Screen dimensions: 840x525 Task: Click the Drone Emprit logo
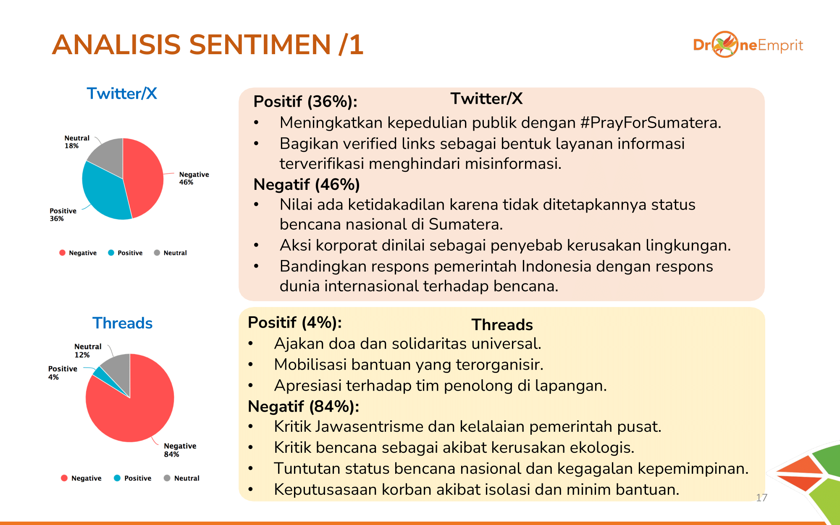748,45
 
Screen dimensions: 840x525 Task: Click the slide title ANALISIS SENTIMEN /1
207,45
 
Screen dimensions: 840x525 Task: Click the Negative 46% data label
194,178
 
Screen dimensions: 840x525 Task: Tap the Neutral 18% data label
77,142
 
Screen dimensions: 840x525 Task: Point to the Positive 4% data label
63,373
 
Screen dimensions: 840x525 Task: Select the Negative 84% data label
180,450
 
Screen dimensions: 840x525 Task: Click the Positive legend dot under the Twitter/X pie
111,252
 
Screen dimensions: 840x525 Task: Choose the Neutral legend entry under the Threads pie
181,478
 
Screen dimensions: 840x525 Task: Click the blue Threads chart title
122,323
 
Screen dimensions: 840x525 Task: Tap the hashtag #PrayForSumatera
651,123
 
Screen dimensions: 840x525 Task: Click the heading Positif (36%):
305,102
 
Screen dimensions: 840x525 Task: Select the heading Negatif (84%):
303,407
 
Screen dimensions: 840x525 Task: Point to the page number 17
761,498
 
